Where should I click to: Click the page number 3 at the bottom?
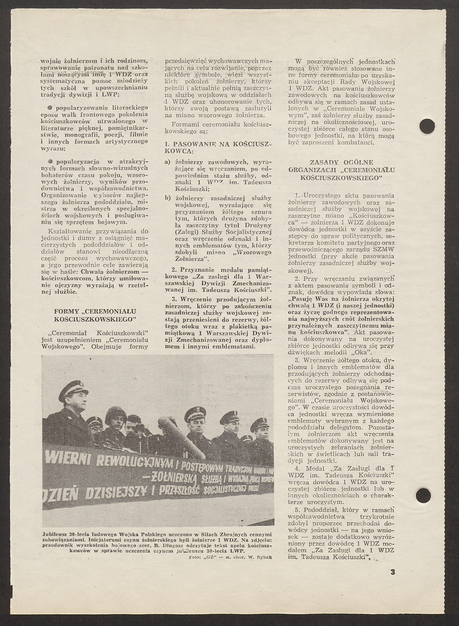click(x=393, y=572)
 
